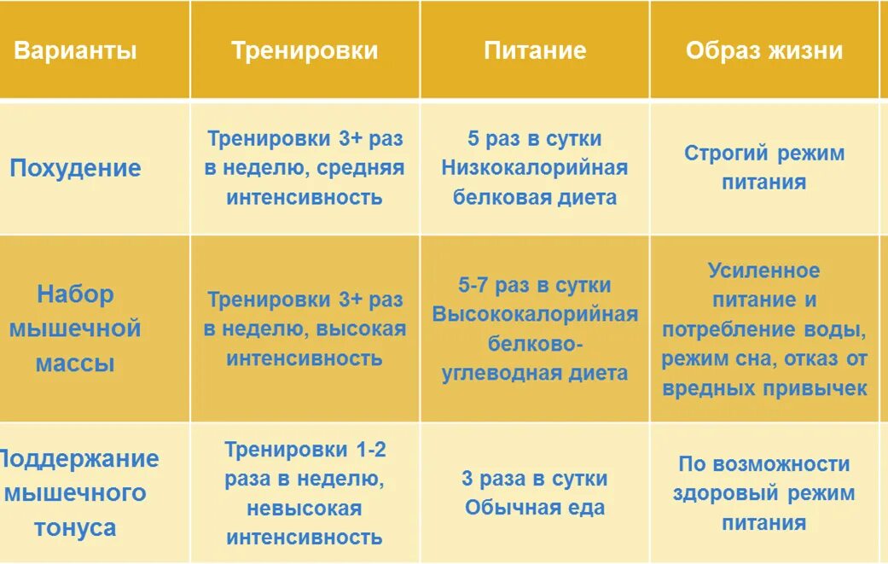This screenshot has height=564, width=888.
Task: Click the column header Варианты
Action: pyautogui.click(x=75, y=50)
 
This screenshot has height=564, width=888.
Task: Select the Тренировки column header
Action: pyautogui.click(x=305, y=50)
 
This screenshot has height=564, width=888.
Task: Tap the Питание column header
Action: pyautogui.click(x=535, y=50)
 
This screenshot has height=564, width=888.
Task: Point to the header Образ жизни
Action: pyautogui.click(x=763, y=50)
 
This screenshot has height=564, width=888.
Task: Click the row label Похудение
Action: pyautogui.click(x=75, y=167)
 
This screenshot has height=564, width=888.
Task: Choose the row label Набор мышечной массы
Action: pyautogui.click(x=75, y=329)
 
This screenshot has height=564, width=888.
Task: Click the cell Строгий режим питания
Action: pyautogui.click(x=763, y=167)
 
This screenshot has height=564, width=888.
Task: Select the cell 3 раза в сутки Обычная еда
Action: pyautogui.click(x=535, y=492)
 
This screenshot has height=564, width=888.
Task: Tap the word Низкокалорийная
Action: pyautogui.click(x=535, y=168)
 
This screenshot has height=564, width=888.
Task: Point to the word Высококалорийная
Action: pyautogui.click(x=535, y=314)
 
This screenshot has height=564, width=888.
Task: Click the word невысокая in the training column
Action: pyautogui.click(x=305, y=509)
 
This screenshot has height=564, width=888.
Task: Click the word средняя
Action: pyautogui.click(x=360, y=168)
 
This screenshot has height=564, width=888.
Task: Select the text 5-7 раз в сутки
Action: pyautogui.click(x=535, y=285)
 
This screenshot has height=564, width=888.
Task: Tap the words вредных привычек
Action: pyautogui.click(x=763, y=388)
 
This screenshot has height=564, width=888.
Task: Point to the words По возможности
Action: pyautogui.click(x=763, y=464)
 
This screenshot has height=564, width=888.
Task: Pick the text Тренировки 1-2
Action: pyautogui.click(x=305, y=450)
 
